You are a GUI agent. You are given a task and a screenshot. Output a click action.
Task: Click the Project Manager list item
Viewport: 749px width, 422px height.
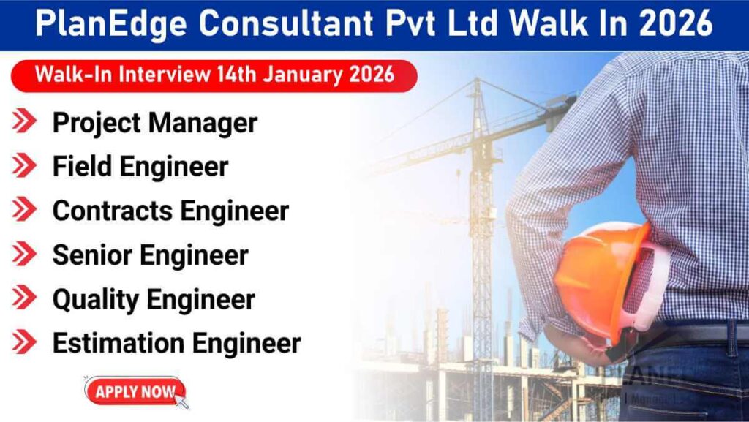click(x=154, y=123)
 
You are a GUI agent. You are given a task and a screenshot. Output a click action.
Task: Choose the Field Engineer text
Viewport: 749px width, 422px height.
click(x=140, y=167)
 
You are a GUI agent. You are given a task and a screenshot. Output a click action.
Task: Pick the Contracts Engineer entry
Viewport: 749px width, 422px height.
click(x=170, y=211)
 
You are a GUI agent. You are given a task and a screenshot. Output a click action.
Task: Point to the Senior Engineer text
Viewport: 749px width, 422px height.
click(x=150, y=255)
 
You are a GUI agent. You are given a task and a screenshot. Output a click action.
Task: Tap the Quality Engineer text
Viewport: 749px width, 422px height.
click(x=153, y=298)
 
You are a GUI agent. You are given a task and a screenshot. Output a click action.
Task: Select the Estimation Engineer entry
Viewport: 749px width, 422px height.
click(x=176, y=342)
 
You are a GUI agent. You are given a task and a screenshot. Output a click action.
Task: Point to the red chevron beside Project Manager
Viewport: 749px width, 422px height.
click(x=24, y=122)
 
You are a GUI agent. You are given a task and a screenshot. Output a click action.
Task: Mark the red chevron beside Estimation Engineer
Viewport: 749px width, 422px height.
click(x=24, y=342)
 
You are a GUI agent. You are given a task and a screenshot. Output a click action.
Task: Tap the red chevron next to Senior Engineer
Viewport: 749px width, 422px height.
click(x=24, y=254)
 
